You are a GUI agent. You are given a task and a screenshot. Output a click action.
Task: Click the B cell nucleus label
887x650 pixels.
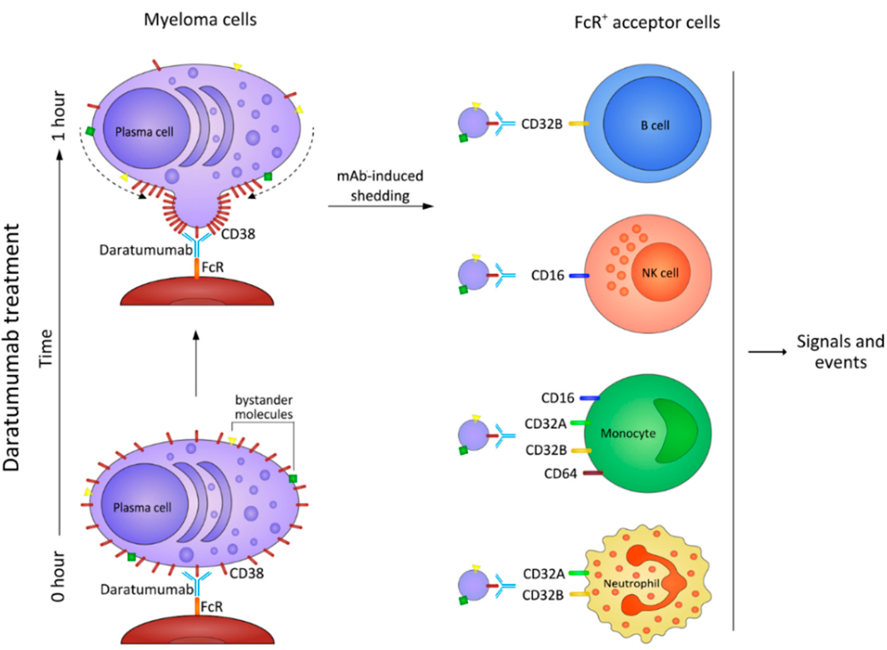click(655, 126)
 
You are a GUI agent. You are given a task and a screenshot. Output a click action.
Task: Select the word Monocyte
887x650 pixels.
click(628, 433)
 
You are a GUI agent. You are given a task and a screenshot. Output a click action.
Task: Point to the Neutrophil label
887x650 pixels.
click(631, 583)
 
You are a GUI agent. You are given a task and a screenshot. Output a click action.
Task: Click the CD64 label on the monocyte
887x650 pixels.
click(560, 474)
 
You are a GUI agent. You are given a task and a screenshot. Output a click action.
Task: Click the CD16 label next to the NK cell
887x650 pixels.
click(548, 275)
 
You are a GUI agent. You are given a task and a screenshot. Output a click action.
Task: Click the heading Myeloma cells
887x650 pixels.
click(200, 20)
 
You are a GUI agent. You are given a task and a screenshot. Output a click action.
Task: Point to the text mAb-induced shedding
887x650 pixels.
click(380, 185)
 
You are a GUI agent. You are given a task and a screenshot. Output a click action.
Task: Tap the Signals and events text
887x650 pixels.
click(840, 351)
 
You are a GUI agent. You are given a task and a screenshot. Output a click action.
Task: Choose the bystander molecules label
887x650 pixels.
click(264, 407)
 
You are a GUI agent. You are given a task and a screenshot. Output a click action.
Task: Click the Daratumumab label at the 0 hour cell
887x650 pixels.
click(146, 589)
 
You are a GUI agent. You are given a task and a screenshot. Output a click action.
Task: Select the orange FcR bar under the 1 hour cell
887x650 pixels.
click(197, 268)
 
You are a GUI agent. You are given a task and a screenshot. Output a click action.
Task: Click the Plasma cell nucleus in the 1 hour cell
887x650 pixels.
click(144, 132)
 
